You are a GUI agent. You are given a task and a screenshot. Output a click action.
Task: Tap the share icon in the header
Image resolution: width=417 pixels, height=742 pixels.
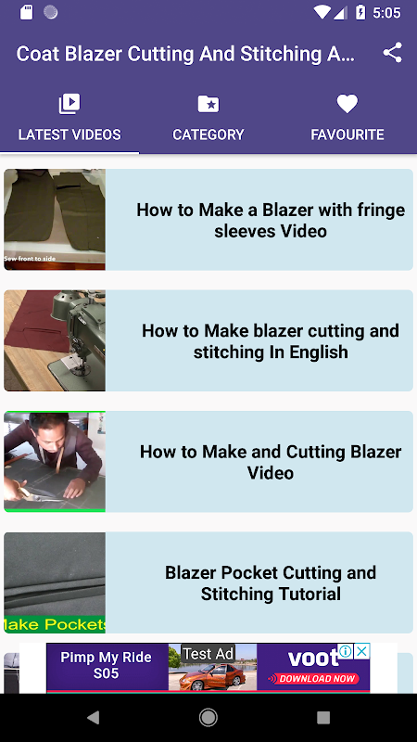[x=392, y=53]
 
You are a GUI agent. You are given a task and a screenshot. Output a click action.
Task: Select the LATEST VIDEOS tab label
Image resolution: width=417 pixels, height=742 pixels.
[x=69, y=134]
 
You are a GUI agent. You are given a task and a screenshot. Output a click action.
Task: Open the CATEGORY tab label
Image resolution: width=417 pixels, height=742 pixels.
[x=208, y=134]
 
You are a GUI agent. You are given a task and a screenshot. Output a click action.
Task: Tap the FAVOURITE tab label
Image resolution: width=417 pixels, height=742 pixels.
[x=347, y=134]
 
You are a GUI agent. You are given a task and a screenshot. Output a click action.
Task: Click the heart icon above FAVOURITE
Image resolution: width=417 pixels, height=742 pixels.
[x=347, y=104]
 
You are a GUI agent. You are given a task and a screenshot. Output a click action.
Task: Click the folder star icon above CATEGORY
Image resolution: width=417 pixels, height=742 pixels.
[x=208, y=104]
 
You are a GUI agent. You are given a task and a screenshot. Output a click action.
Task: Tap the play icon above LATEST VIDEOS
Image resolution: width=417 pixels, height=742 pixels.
[x=69, y=104]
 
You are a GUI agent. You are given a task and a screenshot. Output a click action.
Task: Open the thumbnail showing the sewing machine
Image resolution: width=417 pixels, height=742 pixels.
[x=55, y=340]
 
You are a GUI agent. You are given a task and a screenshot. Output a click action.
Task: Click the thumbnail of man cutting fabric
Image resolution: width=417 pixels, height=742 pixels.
[x=55, y=461]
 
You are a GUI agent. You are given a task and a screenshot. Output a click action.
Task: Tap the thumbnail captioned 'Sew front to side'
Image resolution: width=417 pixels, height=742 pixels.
[x=55, y=220]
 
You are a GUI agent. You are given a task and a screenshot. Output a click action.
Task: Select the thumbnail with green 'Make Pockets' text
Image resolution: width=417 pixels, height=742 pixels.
[x=55, y=582]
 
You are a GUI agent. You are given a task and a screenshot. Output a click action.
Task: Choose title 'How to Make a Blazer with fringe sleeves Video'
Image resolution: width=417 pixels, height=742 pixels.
[x=271, y=220]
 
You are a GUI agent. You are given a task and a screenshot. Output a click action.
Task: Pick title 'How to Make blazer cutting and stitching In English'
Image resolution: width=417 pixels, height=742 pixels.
[x=271, y=341]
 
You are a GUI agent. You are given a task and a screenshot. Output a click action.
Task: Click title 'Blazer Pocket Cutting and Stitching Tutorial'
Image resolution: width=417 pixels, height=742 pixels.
[x=271, y=583]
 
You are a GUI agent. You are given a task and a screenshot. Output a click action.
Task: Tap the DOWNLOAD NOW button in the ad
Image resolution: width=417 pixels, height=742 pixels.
[x=313, y=679]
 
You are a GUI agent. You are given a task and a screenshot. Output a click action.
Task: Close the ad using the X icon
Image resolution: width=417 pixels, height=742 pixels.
[x=361, y=652]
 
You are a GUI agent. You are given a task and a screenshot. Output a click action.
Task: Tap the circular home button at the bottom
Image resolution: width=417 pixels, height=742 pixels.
[x=208, y=717]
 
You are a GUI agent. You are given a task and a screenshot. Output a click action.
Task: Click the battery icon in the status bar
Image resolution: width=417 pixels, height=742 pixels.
[x=360, y=13]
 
